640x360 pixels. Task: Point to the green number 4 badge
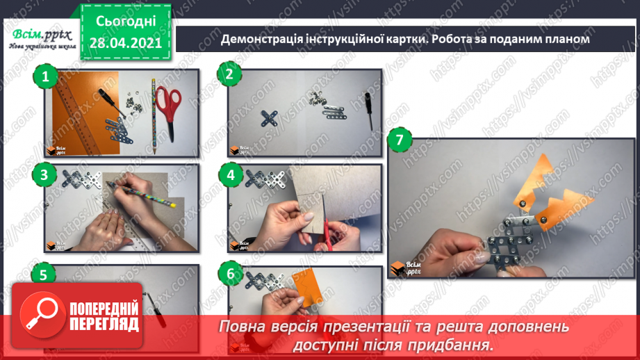(x=231, y=174)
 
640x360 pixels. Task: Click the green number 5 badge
(x=44, y=275)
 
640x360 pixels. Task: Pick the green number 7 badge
(x=397, y=140)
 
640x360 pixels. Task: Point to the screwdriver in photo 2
(x=366, y=110)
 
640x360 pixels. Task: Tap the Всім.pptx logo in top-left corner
(x=39, y=36)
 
